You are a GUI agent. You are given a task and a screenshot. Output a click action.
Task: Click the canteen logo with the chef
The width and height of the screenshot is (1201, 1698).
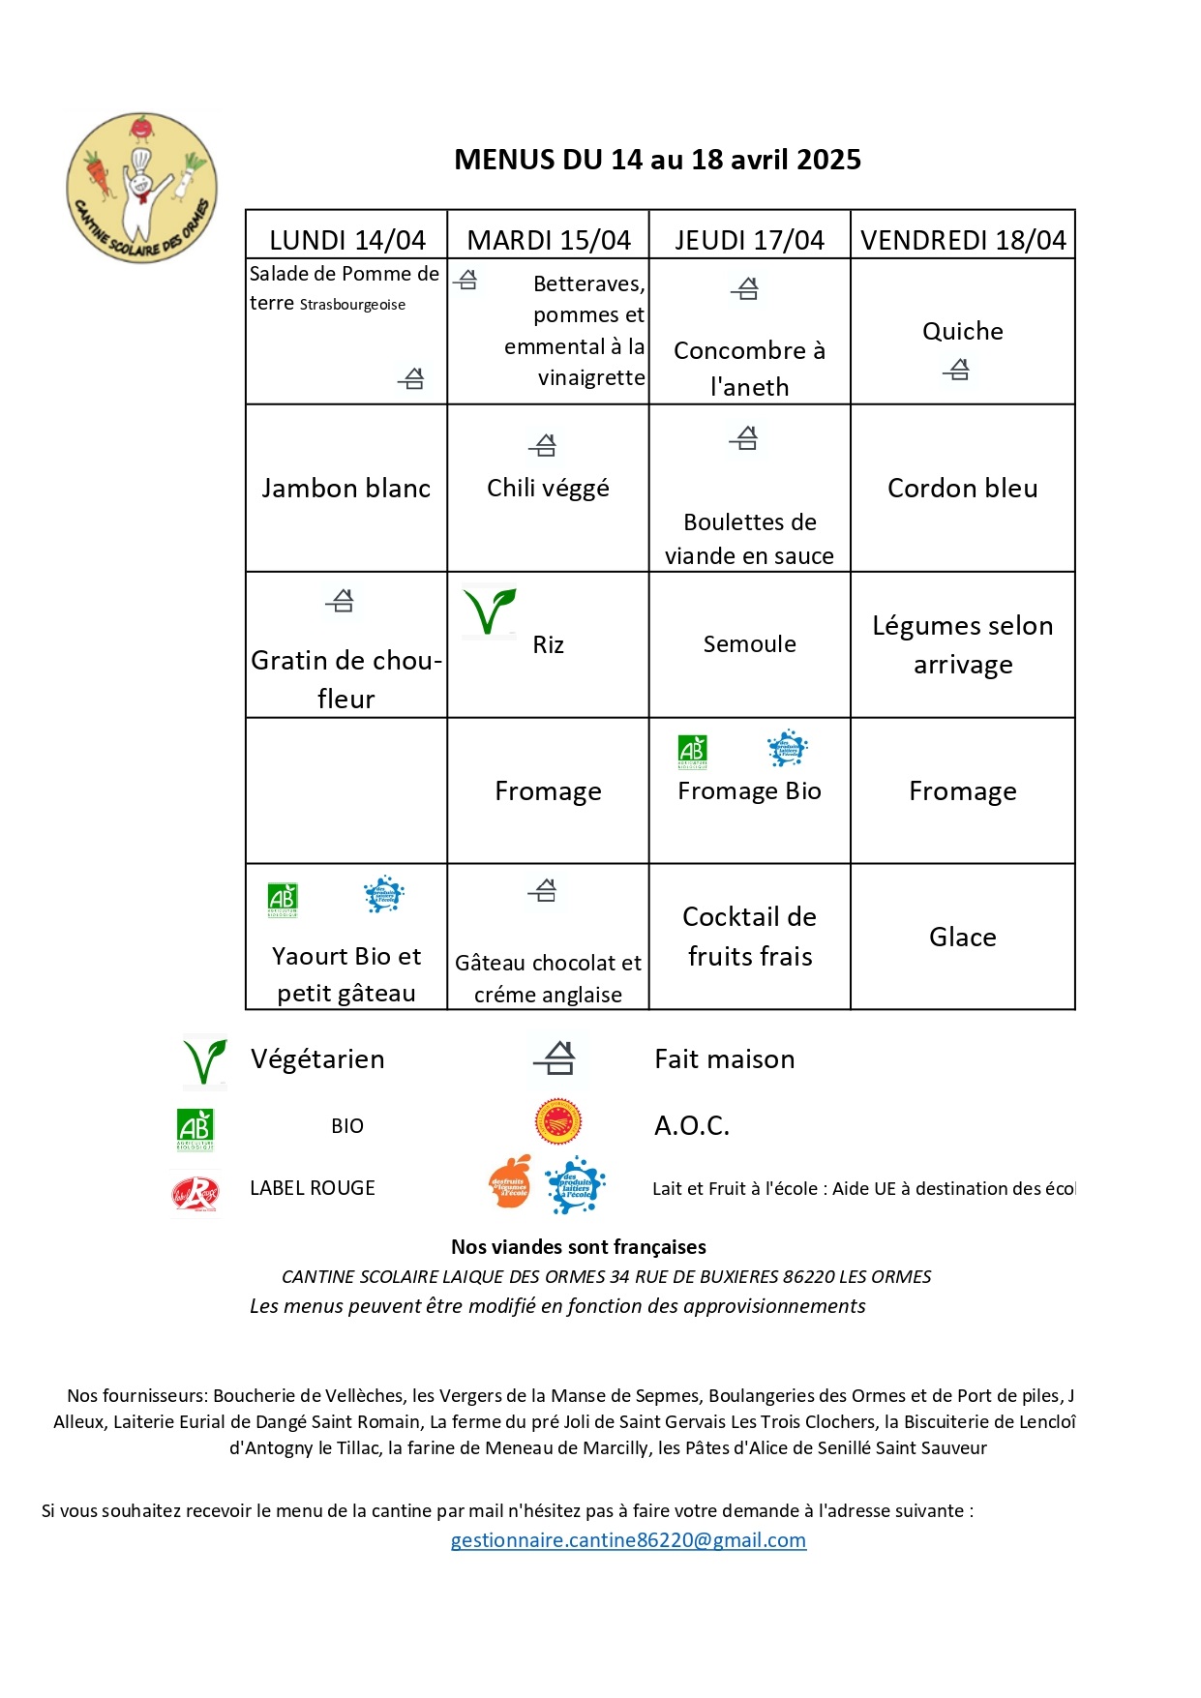click(x=142, y=187)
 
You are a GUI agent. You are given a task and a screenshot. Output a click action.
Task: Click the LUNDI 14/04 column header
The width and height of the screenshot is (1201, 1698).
click(x=346, y=240)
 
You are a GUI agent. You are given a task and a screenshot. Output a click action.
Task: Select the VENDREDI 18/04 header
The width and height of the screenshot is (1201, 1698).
click(x=963, y=240)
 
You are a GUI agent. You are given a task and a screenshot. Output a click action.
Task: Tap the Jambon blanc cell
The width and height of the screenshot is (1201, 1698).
click(x=346, y=489)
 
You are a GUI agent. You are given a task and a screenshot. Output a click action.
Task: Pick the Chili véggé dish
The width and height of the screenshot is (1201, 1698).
click(x=548, y=489)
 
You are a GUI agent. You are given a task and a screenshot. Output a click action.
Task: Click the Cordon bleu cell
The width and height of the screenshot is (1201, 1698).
click(x=963, y=489)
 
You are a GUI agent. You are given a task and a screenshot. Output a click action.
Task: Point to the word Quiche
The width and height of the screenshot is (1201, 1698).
click(x=963, y=332)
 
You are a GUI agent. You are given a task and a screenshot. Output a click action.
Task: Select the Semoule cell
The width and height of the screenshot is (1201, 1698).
click(x=750, y=644)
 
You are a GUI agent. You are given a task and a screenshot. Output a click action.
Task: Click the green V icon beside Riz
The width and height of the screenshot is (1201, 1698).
click(x=489, y=611)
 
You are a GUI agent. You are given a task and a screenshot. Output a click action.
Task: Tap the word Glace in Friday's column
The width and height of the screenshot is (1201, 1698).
click(x=963, y=938)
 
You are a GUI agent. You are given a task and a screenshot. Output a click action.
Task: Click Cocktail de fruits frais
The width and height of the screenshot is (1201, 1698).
click(x=750, y=937)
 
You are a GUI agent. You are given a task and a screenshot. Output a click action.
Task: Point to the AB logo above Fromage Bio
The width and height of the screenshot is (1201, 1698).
click(x=693, y=751)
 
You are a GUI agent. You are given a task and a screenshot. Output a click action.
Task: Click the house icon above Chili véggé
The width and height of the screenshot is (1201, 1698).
click(x=544, y=445)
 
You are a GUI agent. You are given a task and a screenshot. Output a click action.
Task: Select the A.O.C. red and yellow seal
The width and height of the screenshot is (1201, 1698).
click(x=558, y=1122)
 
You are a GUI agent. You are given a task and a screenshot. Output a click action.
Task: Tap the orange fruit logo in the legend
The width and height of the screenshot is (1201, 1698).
click(x=510, y=1182)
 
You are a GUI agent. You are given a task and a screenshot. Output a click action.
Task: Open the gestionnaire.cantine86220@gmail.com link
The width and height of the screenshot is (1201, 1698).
click(x=628, y=1540)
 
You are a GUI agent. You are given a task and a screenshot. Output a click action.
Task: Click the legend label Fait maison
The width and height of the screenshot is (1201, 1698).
click(x=725, y=1059)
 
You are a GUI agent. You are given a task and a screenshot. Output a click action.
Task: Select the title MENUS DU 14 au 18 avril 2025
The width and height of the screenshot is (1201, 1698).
click(x=657, y=160)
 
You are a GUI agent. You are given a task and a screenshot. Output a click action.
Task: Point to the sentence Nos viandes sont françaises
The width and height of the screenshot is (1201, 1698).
click(x=579, y=1247)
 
